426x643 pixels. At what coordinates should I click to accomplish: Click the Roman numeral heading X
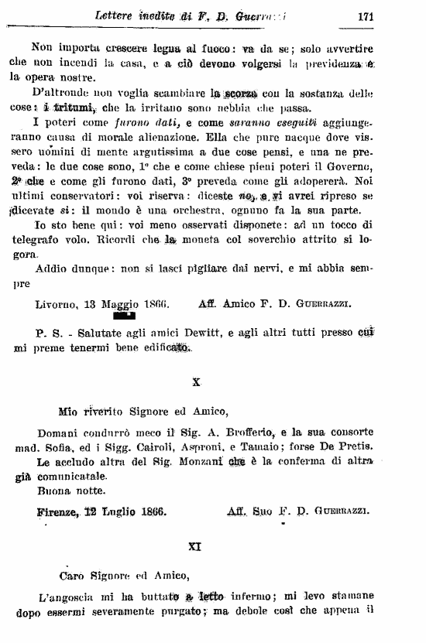(x=196, y=381)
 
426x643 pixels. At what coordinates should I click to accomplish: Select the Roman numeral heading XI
(x=196, y=546)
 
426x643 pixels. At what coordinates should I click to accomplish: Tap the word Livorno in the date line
(x=59, y=304)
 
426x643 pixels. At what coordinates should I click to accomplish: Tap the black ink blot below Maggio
(x=123, y=315)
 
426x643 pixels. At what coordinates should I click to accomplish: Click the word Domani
(x=59, y=432)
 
